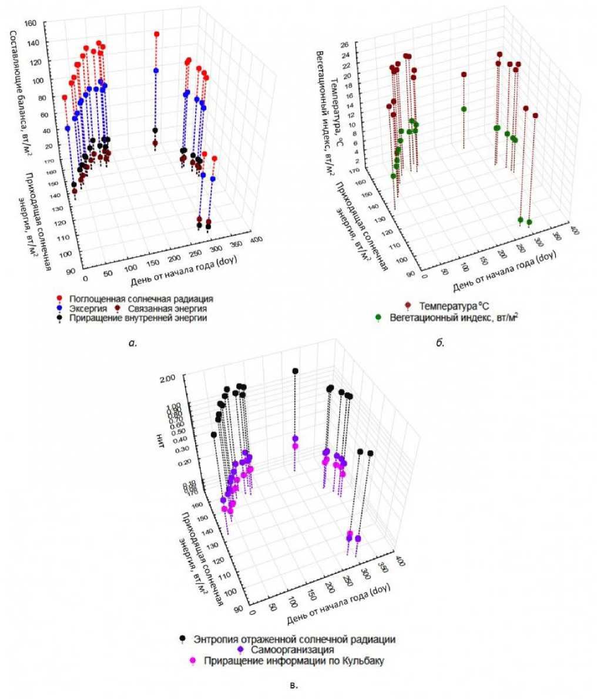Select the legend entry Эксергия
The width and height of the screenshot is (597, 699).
(85, 308)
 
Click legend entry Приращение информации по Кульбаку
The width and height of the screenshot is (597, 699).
(293, 660)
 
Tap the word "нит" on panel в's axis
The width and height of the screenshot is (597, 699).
(160, 442)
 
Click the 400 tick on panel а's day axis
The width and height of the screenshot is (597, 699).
(257, 240)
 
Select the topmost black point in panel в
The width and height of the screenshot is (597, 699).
(295, 371)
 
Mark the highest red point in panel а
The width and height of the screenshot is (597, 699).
(157, 34)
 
